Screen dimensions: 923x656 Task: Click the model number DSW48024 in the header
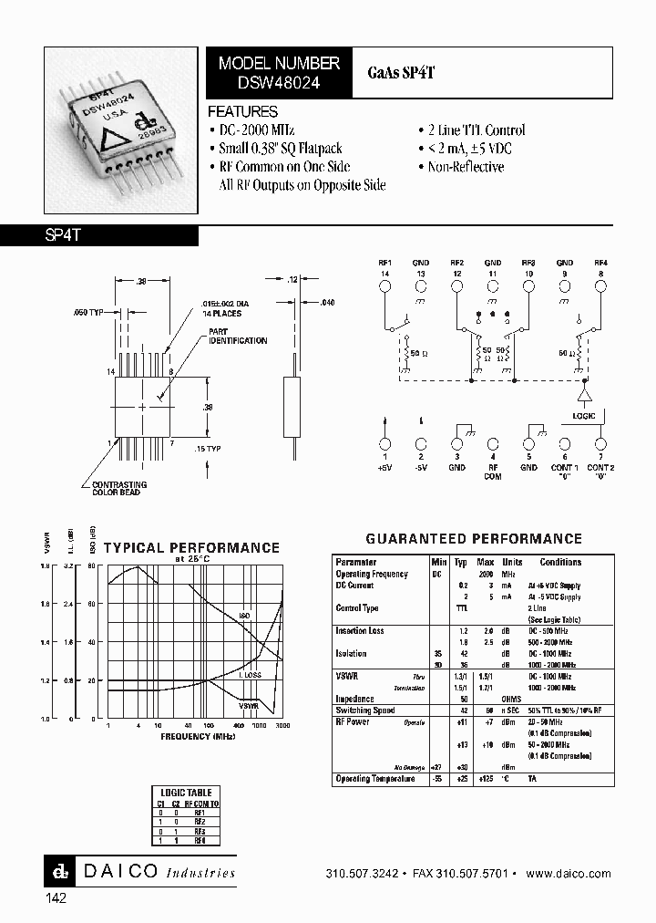click(279, 80)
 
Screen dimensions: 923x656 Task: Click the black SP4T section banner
click(99, 234)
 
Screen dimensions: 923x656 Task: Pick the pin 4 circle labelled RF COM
click(493, 443)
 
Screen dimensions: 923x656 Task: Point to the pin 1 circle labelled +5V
click(384, 443)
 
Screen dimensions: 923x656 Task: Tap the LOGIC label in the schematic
click(584, 416)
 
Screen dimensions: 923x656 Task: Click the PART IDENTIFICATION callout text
click(238, 337)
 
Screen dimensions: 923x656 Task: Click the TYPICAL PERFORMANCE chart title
click(191, 547)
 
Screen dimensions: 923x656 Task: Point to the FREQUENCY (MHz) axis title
click(198, 734)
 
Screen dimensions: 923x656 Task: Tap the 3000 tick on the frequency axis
click(283, 725)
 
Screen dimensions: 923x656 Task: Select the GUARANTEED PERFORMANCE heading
click(474, 539)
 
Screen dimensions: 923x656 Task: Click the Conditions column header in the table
click(560, 563)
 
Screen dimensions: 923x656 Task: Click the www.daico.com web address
click(569, 874)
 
